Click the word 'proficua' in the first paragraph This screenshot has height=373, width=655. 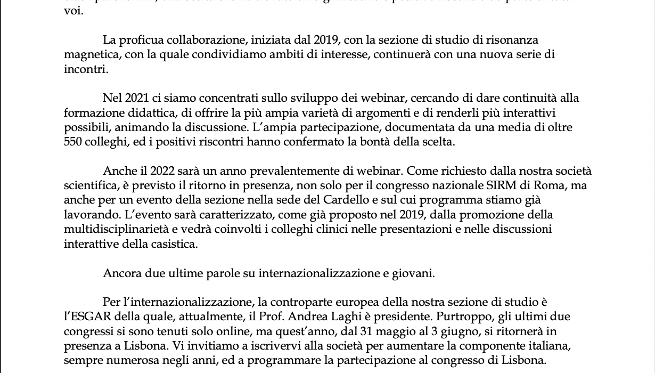pyautogui.click(x=141, y=40)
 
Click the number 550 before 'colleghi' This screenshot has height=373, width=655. pyautogui.click(x=73, y=142)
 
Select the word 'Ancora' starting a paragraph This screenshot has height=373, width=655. pyautogui.click(x=122, y=273)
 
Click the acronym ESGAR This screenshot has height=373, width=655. pyautogui.click(x=83, y=317)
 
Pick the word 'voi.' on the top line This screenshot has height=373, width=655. pyautogui.click(x=73, y=11)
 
